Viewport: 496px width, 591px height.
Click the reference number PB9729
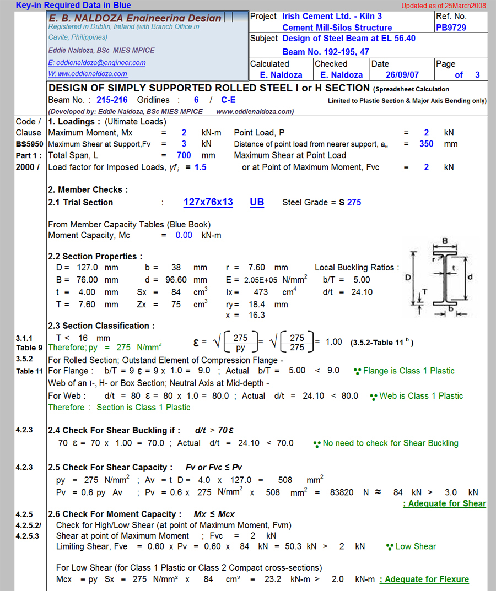point(450,28)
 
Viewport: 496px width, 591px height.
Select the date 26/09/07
point(402,75)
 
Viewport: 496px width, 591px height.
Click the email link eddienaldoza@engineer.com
point(97,63)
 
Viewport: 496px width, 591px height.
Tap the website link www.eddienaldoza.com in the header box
point(88,74)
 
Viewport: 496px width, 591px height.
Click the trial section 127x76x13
point(208,202)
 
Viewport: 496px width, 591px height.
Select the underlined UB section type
point(257,202)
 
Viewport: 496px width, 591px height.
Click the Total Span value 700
point(184,155)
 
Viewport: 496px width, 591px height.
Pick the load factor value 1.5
point(200,167)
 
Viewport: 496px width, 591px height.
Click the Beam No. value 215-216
point(112,100)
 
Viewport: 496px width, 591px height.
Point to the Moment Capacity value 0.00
point(184,235)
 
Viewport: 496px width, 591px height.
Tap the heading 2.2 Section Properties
point(95,256)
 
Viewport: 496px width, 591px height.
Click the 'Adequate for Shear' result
point(445,503)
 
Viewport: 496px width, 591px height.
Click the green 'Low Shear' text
point(416,546)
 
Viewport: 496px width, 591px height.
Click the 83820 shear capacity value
point(342,492)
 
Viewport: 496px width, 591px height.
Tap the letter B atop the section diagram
point(445,241)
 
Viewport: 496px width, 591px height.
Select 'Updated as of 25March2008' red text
point(443,6)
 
